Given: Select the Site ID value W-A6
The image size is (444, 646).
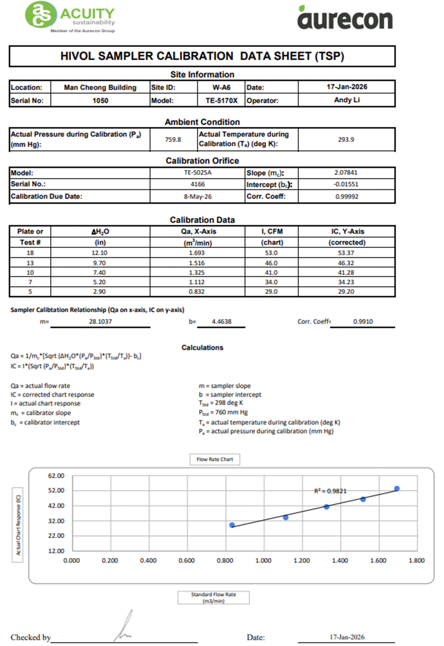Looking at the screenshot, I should click(x=221, y=87).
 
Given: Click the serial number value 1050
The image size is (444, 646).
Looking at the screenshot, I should click(x=100, y=100).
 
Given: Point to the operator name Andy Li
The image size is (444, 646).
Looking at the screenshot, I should click(x=347, y=100).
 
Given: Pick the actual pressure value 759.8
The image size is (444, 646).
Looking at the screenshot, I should click(x=173, y=139).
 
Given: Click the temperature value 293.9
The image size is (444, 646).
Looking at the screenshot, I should click(x=346, y=139).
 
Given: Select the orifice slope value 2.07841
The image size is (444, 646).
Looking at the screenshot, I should click(x=346, y=172).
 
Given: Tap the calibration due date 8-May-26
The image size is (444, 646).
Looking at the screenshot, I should click(x=198, y=197).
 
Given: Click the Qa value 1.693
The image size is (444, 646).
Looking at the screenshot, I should click(x=197, y=253).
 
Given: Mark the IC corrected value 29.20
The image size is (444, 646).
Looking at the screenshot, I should click(x=346, y=292).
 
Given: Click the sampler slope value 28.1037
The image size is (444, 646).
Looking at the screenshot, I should click(x=100, y=322).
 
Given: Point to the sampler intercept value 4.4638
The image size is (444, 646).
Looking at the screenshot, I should click(x=221, y=322).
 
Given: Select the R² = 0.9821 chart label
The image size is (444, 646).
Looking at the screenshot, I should click(x=330, y=491).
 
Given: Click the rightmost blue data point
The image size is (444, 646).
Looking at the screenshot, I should click(x=397, y=489).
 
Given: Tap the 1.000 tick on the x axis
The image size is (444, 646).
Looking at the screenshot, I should click(x=263, y=560).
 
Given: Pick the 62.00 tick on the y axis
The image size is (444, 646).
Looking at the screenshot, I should click(x=56, y=476).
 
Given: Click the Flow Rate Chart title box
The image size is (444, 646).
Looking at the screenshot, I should click(x=215, y=459).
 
